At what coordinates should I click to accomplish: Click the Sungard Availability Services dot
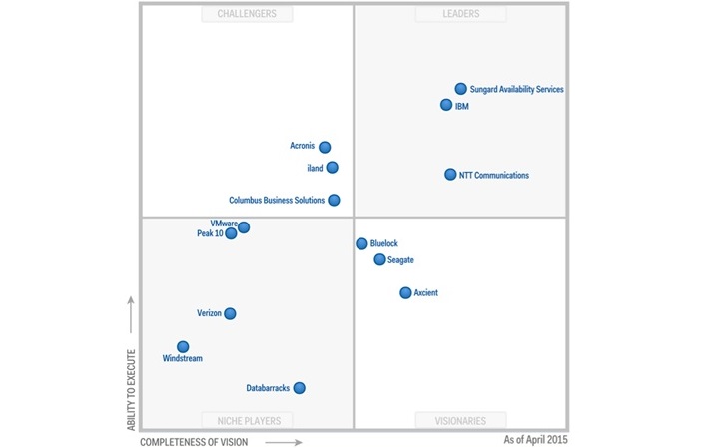(461, 89)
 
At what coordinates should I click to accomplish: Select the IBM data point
(447, 105)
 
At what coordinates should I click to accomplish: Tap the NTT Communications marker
(450, 175)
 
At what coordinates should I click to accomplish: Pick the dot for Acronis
(325, 147)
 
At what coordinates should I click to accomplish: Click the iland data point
(332, 168)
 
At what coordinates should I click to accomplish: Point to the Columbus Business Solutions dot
(334, 200)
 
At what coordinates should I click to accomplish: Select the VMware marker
(244, 227)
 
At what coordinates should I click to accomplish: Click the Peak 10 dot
(231, 234)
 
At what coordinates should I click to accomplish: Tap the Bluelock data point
(361, 243)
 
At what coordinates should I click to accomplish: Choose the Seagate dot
(379, 259)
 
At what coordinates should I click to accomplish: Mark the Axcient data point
(405, 293)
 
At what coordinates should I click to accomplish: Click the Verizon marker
(230, 313)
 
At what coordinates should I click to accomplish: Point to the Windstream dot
(183, 347)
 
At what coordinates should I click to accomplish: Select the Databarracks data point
(299, 388)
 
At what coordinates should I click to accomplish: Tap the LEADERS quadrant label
(460, 14)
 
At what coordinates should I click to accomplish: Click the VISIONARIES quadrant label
(460, 420)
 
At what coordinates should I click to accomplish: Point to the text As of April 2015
(536, 439)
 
